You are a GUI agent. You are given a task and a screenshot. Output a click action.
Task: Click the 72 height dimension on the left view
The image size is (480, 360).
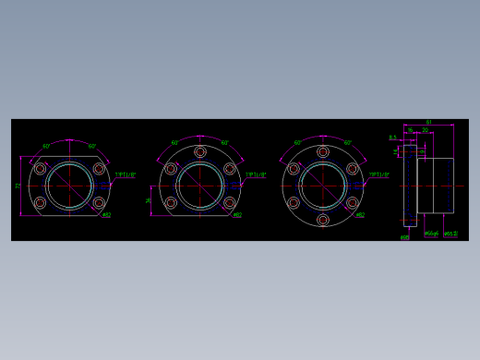pyautogui.click(x=18, y=186)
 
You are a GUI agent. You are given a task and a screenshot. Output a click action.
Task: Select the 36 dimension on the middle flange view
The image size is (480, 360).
pyautogui.click(x=150, y=200)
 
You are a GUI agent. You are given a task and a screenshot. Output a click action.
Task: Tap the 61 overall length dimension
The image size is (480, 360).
pyautogui.click(x=429, y=122)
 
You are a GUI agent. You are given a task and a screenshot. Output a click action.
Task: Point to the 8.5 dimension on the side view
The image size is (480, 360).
pyautogui.click(x=392, y=138)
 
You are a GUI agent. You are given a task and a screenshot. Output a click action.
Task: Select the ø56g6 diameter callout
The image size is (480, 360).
pyautogui.click(x=431, y=234)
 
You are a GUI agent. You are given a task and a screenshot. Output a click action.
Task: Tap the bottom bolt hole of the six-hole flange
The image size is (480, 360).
pyautogui.click(x=322, y=220)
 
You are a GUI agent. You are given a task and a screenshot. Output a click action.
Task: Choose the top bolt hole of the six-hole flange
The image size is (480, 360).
pyautogui.click(x=322, y=151)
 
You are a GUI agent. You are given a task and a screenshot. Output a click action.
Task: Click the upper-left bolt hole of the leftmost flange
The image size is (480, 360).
pyautogui.click(x=40, y=168)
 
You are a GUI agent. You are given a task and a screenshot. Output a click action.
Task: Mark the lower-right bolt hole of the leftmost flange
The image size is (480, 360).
pyautogui.click(x=99, y=203)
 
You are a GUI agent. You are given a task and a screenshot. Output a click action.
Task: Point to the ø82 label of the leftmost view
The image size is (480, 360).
pyautogui.click(x=106, y=215)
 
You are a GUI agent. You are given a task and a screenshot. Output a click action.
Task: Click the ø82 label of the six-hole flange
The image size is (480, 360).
pyautogui.click(x=360, y=215)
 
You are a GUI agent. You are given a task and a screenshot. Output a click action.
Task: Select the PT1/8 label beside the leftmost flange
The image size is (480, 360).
pyautogui.click(x=126, y=174)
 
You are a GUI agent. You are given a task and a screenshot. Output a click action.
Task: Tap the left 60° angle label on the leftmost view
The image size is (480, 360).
pyautogui.click(x=46, y=146)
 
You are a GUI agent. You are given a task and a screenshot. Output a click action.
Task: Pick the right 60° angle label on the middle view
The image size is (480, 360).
pyautogui.click(x=224, y=143)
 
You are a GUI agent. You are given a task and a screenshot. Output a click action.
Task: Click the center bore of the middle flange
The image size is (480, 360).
pyautogui.click(x=199, y=186)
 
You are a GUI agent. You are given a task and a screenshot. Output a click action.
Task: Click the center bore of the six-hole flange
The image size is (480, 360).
pyautogui.click(x=322, y=186)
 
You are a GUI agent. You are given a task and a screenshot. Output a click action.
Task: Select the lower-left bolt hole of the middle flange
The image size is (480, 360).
pyautogui.click(x=171, y=203)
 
